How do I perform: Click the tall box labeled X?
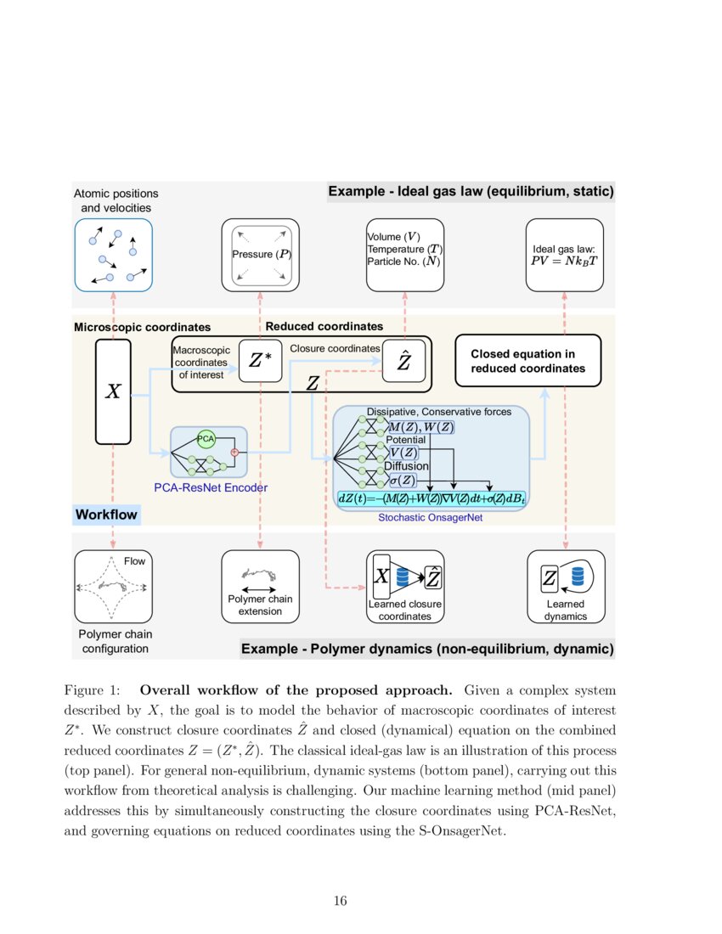[x=113, y=391]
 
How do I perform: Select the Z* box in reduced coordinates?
[x=260, y=361]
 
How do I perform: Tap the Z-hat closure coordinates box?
[x=404, y=362]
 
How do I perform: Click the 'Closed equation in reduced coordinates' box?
[x=527, y=361]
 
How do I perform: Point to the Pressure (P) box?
[x=260, y=255]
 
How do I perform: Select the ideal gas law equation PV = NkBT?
[x=564, y=261]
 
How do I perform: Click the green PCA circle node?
[x=206, y=438]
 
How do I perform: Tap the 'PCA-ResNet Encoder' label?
[x=211, y=487]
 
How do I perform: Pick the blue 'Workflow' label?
[x=106, y=515]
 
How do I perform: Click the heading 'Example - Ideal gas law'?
[x=471, y=192]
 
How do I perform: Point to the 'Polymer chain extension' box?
[x=260, y=587]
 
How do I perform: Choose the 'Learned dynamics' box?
[x=565, y=587]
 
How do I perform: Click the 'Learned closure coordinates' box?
[x=405, y=587]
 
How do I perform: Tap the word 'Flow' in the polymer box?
[x=134, y=561]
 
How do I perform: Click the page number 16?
[x=340, y=901]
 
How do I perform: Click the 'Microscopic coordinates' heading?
[x=142, y=327]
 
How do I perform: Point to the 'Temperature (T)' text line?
[x=404, y=249]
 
